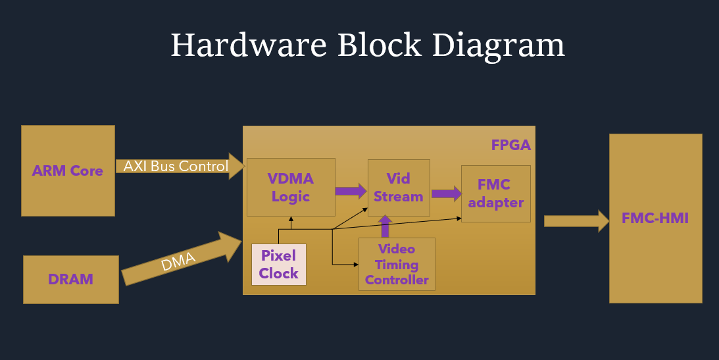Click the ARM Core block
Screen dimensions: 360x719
point(68,170)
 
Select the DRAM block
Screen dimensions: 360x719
point(70,279)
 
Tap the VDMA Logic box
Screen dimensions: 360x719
point(291,187)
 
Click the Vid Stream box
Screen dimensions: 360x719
point(398,187)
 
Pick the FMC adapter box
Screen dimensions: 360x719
point(495,193)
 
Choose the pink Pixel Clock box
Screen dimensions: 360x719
point(278,265)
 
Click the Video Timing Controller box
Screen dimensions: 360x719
point(397,264)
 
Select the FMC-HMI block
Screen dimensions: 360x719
point(655,218)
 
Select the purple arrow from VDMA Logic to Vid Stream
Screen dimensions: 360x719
point(351,191)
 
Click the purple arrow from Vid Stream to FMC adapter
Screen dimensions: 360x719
point(446,193)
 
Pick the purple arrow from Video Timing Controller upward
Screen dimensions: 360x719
point(385,226)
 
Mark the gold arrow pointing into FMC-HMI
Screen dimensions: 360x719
point(576,220)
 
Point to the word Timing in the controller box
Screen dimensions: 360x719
point(397,265)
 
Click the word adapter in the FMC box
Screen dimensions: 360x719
point(495,203)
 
